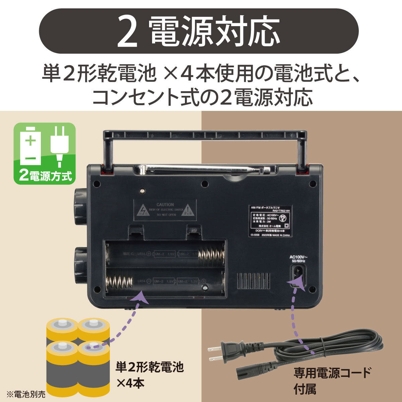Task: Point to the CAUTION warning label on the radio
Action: pyautogui.click(x=165, y=210)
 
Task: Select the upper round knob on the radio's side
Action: pyautogui.click(x=80, y=201)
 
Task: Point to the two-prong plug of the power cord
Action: pyautogui.click(x=221, y=353)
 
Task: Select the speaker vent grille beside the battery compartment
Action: pyautogui.click(x=254, y=281)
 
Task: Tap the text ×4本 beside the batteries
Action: pyautogui.click(x=130, y=382)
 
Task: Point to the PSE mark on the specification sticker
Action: pyautogui.click(x=283, y=218)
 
